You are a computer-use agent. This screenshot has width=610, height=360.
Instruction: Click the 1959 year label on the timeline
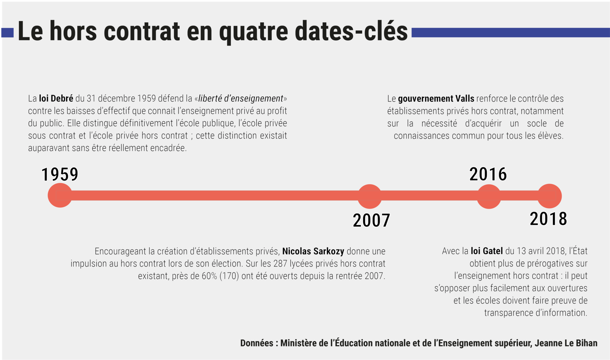coord(60,174)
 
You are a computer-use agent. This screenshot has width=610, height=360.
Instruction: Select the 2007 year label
coord(371,221)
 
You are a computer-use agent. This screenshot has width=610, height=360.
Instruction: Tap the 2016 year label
coord(488,174)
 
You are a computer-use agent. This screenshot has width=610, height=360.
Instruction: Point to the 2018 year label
coord(548,219)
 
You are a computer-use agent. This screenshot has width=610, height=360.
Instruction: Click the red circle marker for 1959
coord(60,195)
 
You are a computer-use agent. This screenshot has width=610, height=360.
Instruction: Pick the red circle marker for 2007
coord(369,196)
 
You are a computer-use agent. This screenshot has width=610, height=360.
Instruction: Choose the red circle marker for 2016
coord(489,196)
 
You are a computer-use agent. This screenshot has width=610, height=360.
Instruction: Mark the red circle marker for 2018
coord(549,196)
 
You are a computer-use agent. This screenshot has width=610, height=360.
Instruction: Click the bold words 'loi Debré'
coord(56,99)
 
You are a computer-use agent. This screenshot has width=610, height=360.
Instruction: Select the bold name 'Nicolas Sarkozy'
coord(313,251)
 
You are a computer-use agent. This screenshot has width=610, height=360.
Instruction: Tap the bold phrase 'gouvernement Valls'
coord(436,99)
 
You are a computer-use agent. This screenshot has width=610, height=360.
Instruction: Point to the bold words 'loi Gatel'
coord(487,251)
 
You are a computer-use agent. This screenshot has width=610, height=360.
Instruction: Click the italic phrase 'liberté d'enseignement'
coord(241,99)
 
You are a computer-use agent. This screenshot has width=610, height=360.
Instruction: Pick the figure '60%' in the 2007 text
coord(209,276)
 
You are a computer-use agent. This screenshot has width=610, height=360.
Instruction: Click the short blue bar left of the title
coord(7,33)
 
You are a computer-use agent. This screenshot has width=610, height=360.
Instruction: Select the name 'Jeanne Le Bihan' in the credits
coord(566,343)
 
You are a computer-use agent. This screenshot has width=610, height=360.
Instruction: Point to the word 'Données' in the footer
coord(256,343)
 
